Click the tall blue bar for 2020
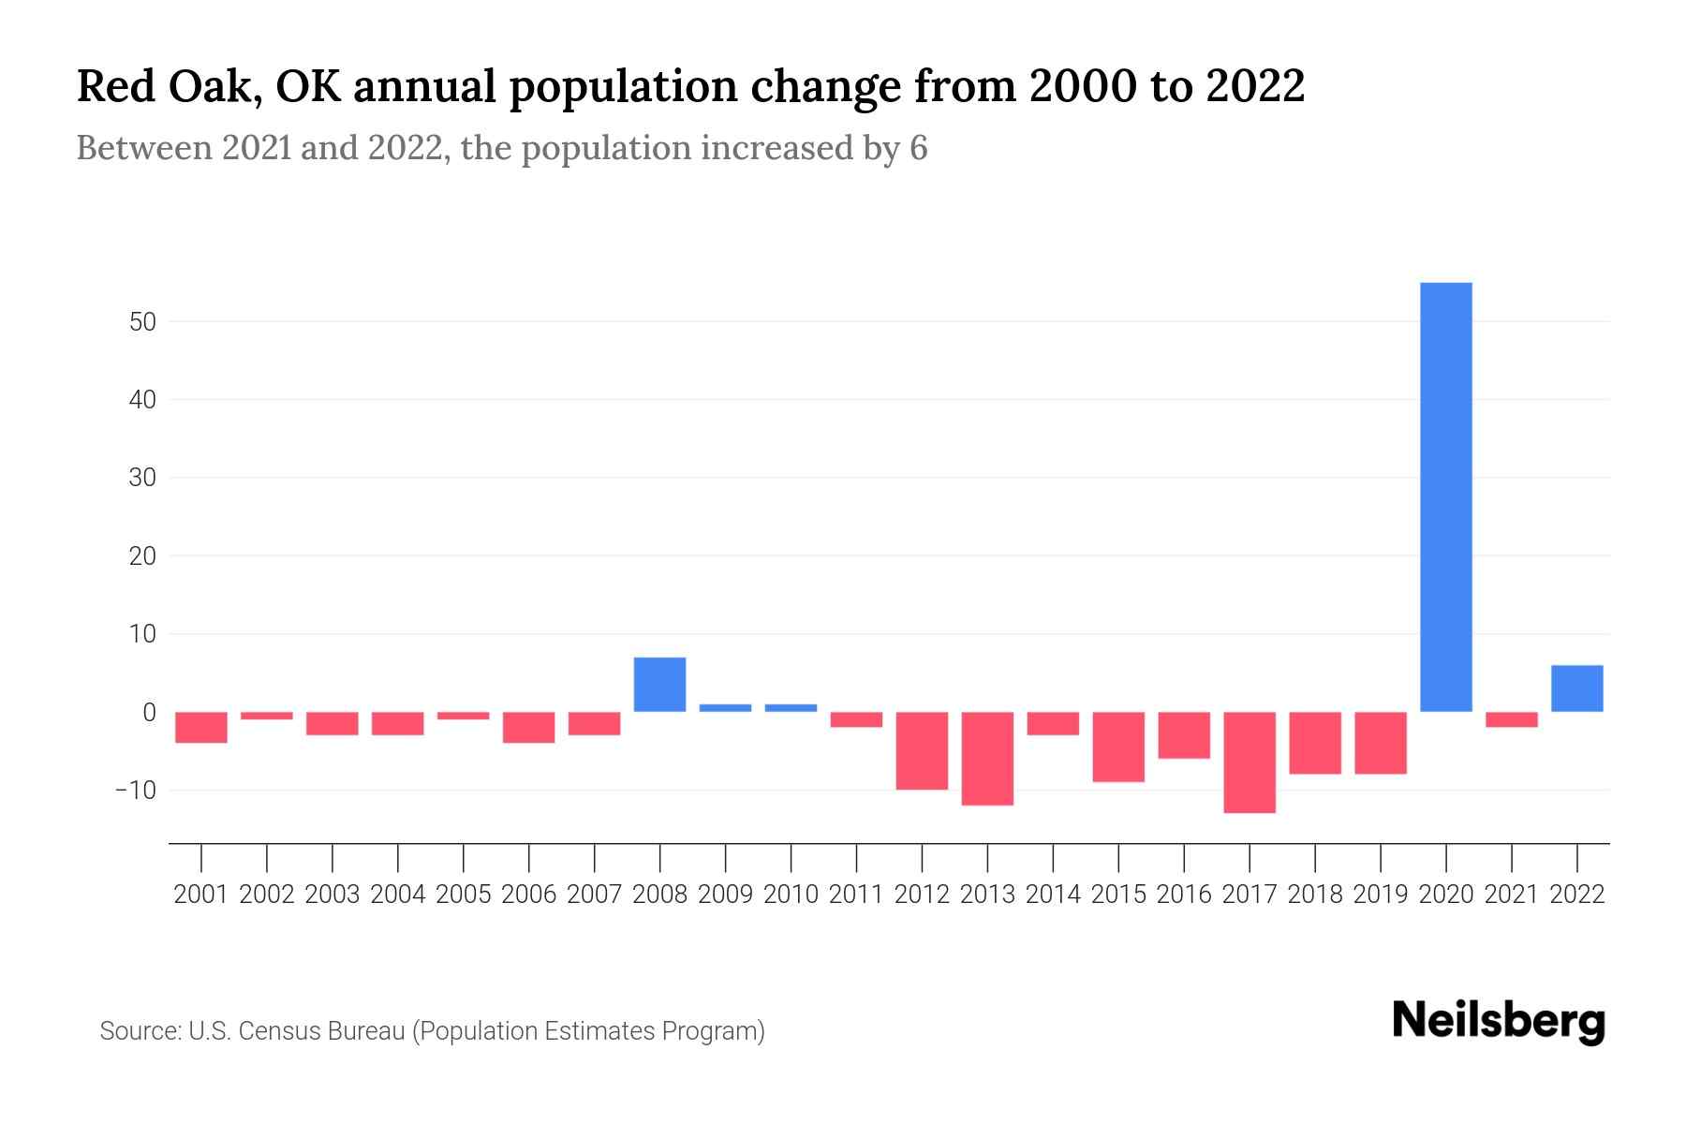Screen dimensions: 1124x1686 click(x=1445, y=496)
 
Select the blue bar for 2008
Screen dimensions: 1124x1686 click(x=659, y=685)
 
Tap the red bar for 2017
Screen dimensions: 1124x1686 click(x=1249, y=762)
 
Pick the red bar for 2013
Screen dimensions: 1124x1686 click(x=987, y=759)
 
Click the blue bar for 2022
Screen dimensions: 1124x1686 click(x=1576, y=688)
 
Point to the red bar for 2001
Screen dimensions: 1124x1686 click(x=201, y=727)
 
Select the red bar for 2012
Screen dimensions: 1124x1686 click(x=922, y=750)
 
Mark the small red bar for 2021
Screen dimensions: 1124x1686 click(x=1511, y=719)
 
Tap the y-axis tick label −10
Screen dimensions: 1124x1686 click(x=136, y=791)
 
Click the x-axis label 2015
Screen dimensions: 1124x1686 click(x=1118, y=895)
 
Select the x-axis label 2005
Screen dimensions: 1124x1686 click(x=464, y=895)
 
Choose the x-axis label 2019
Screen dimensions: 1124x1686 click(x=1380, y=895)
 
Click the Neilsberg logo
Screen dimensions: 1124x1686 click(x=1499, y=1021)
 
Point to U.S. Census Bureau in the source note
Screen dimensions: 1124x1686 click(x=297, y=1031)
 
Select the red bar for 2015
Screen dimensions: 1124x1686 click(x=1118, y=747)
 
